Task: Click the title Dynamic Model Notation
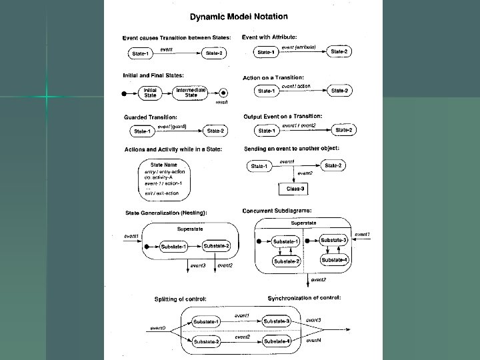tap(239, 15)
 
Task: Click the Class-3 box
tap(295, 189)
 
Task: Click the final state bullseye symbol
tap(225, 93)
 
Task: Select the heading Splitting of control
tap(180, 298)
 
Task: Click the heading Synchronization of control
tap(304, 297)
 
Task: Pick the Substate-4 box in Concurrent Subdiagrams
tap(335, 259)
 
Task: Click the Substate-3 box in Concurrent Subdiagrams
tap(335, 239)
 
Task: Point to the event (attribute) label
tap(298, 47)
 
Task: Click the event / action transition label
tap(296, 86)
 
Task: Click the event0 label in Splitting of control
tap(157, 327)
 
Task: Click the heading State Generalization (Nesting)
tap(166, 212)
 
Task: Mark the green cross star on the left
tap(47, 97)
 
